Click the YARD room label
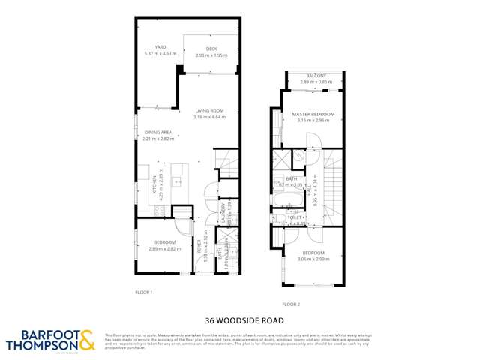[x=160, y=47]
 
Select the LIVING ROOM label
[x=208, y=111]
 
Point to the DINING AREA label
[x=158, y=133]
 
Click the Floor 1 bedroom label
[x=164, y=241]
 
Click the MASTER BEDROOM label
[x=313, y=114]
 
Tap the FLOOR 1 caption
[x=143, y=292]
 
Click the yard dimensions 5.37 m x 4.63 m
[x=160, y=54]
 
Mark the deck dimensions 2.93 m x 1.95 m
[x=201, y=55]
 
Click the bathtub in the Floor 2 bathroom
[x=286, y=200]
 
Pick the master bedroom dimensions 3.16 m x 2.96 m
[x=313, y=120]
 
